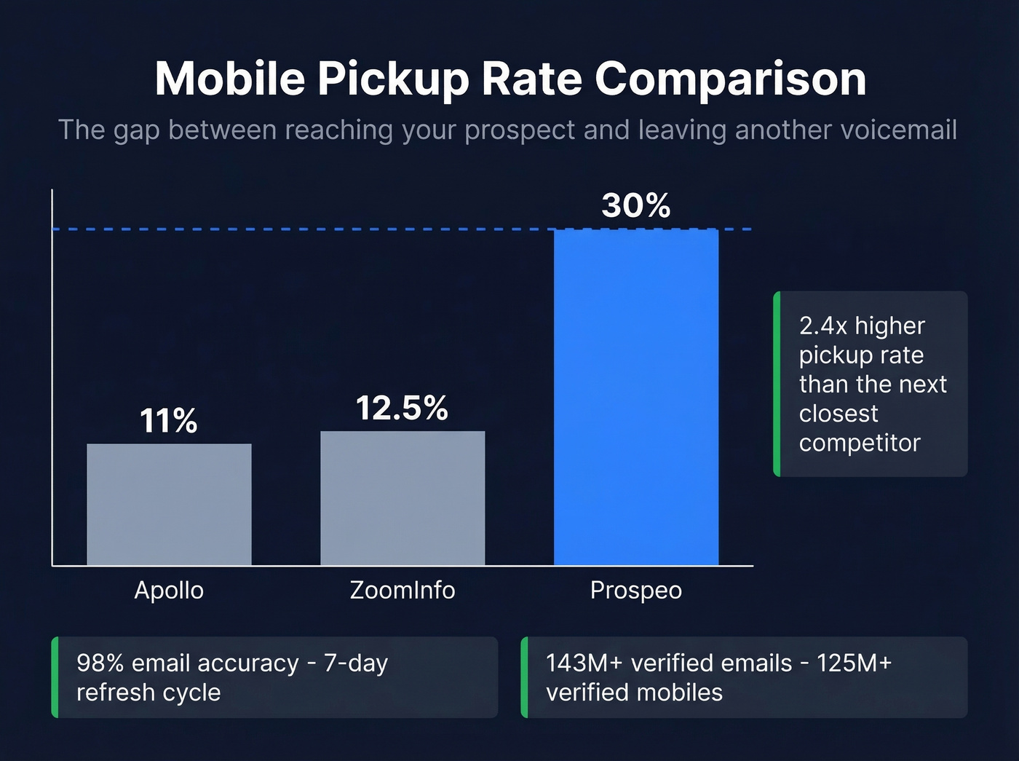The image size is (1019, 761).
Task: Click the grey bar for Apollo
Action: coord(169,504)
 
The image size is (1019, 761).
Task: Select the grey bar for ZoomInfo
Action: coord(403,498)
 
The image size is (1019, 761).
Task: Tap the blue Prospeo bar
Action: coord(635,397)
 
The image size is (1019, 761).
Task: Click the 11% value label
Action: coord(168,421)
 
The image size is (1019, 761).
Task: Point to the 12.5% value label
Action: coord(402,408)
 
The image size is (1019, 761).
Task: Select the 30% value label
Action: coord(635,205)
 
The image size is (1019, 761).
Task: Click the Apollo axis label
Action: coord(169,590)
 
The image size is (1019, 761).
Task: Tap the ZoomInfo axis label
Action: coord(403,590)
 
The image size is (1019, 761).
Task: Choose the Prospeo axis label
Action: coord(635,590)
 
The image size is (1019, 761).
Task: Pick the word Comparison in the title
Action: coord(731,78)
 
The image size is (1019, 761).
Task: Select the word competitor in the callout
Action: coord(860,443)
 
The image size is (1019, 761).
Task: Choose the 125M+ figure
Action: coord(854,663)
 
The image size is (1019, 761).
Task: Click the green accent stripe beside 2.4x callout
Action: coord(777,384)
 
